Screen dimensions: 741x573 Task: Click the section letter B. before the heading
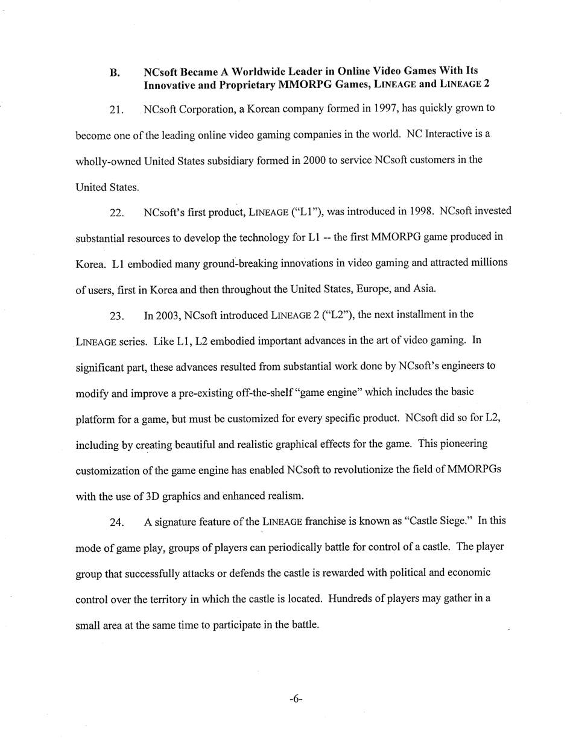coord(115,74)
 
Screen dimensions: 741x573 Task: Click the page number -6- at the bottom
coord(296,699)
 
